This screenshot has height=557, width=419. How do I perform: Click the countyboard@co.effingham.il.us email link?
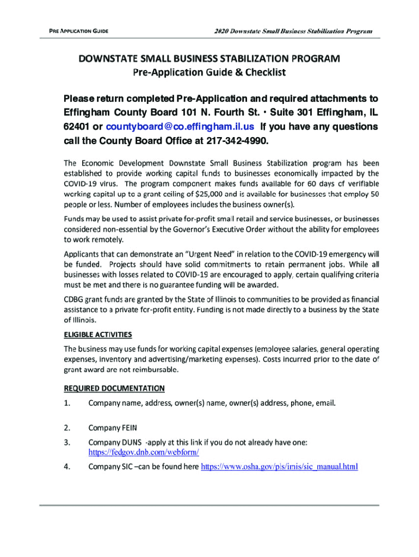[x=180, y=127]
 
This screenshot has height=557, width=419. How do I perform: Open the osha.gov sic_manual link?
[x=279, y=467]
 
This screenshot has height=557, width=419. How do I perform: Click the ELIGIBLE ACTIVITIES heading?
[x=98, y=334]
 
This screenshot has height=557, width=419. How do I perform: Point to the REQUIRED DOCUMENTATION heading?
[x=114, y=388]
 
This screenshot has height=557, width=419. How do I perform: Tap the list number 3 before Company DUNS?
[x=67, y=443]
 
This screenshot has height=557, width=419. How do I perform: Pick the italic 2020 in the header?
[x=220, y=31]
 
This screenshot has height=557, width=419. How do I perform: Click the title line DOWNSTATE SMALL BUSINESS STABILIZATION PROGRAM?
[x=209, y=58]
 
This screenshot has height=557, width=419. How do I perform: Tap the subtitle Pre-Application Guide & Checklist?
[x=209, y=72]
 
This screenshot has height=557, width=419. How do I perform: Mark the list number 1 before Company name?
[x=67, y=404]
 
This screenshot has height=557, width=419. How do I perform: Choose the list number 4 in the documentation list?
[x=67, y=467]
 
